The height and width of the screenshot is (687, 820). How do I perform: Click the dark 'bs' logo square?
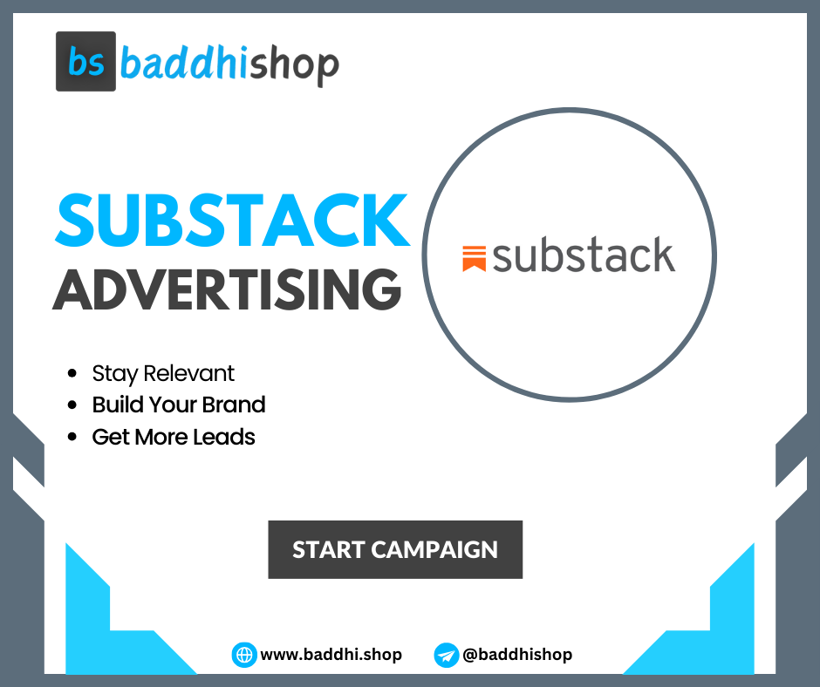(85, 62)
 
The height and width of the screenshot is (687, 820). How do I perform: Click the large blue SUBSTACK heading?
(231, 220)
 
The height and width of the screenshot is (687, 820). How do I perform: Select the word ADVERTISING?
(226, 288)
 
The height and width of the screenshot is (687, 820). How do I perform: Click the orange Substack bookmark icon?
(474, 259)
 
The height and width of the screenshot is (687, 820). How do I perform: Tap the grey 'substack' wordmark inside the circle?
(584, 256)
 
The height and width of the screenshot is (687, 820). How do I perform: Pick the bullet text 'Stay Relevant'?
(163, 373)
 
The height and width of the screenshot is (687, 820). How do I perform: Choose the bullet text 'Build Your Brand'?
(179, 405)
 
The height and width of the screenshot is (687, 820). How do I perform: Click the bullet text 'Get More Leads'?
(174, 436)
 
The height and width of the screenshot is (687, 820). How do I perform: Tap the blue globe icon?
(243, 655)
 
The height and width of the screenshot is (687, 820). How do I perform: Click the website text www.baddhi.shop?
(331, 655)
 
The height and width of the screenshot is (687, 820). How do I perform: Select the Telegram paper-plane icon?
(446, 655)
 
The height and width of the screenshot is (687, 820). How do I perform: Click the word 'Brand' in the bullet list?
(233, 405)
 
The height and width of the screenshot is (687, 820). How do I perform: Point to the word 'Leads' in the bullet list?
(226, 436)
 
